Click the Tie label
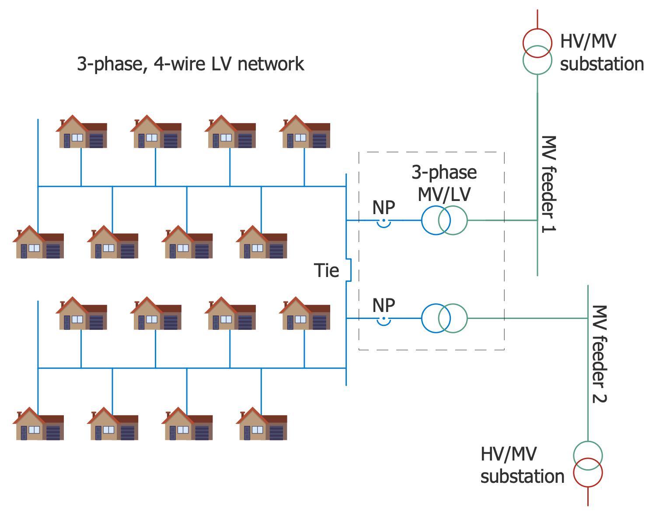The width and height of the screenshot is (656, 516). pyautogui.click(x=326, y=270)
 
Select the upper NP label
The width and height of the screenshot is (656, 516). pyautogui.click(x=384, y=208)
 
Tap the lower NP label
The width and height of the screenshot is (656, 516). pyautogui.click(x=384, y=305)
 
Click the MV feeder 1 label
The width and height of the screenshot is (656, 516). pyautogui.click(x=548, y=184)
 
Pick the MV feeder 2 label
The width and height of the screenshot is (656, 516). pyautogui.click(x=599, y=354)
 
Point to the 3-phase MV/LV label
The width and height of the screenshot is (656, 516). pyautogui.click(x=444, y=184)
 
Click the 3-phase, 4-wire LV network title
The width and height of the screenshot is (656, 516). pyautogui.click(x=190, y=64)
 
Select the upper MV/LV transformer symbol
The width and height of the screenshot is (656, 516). pyautogui.click(x=444, y=220)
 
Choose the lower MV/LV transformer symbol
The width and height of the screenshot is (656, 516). pyautogui.click(x=444, y=318)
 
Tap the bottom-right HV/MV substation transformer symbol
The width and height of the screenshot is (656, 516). pyautogui.click(x=588, y=464)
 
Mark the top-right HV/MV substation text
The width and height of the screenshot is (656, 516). pyautogui.click(x=602, y=53)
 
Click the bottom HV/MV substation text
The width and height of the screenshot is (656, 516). pyautogui.click(x=522, y=465)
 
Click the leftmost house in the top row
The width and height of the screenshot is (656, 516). pyautogui.click(x=82, y=132)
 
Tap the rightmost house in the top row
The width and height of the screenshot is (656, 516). pyautogui.click(x=305, y=132)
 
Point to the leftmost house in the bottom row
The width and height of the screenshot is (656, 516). pyautogui.click(x=38, y=424)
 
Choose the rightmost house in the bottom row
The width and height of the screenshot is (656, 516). pyautogui.click(x=262, y=424)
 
